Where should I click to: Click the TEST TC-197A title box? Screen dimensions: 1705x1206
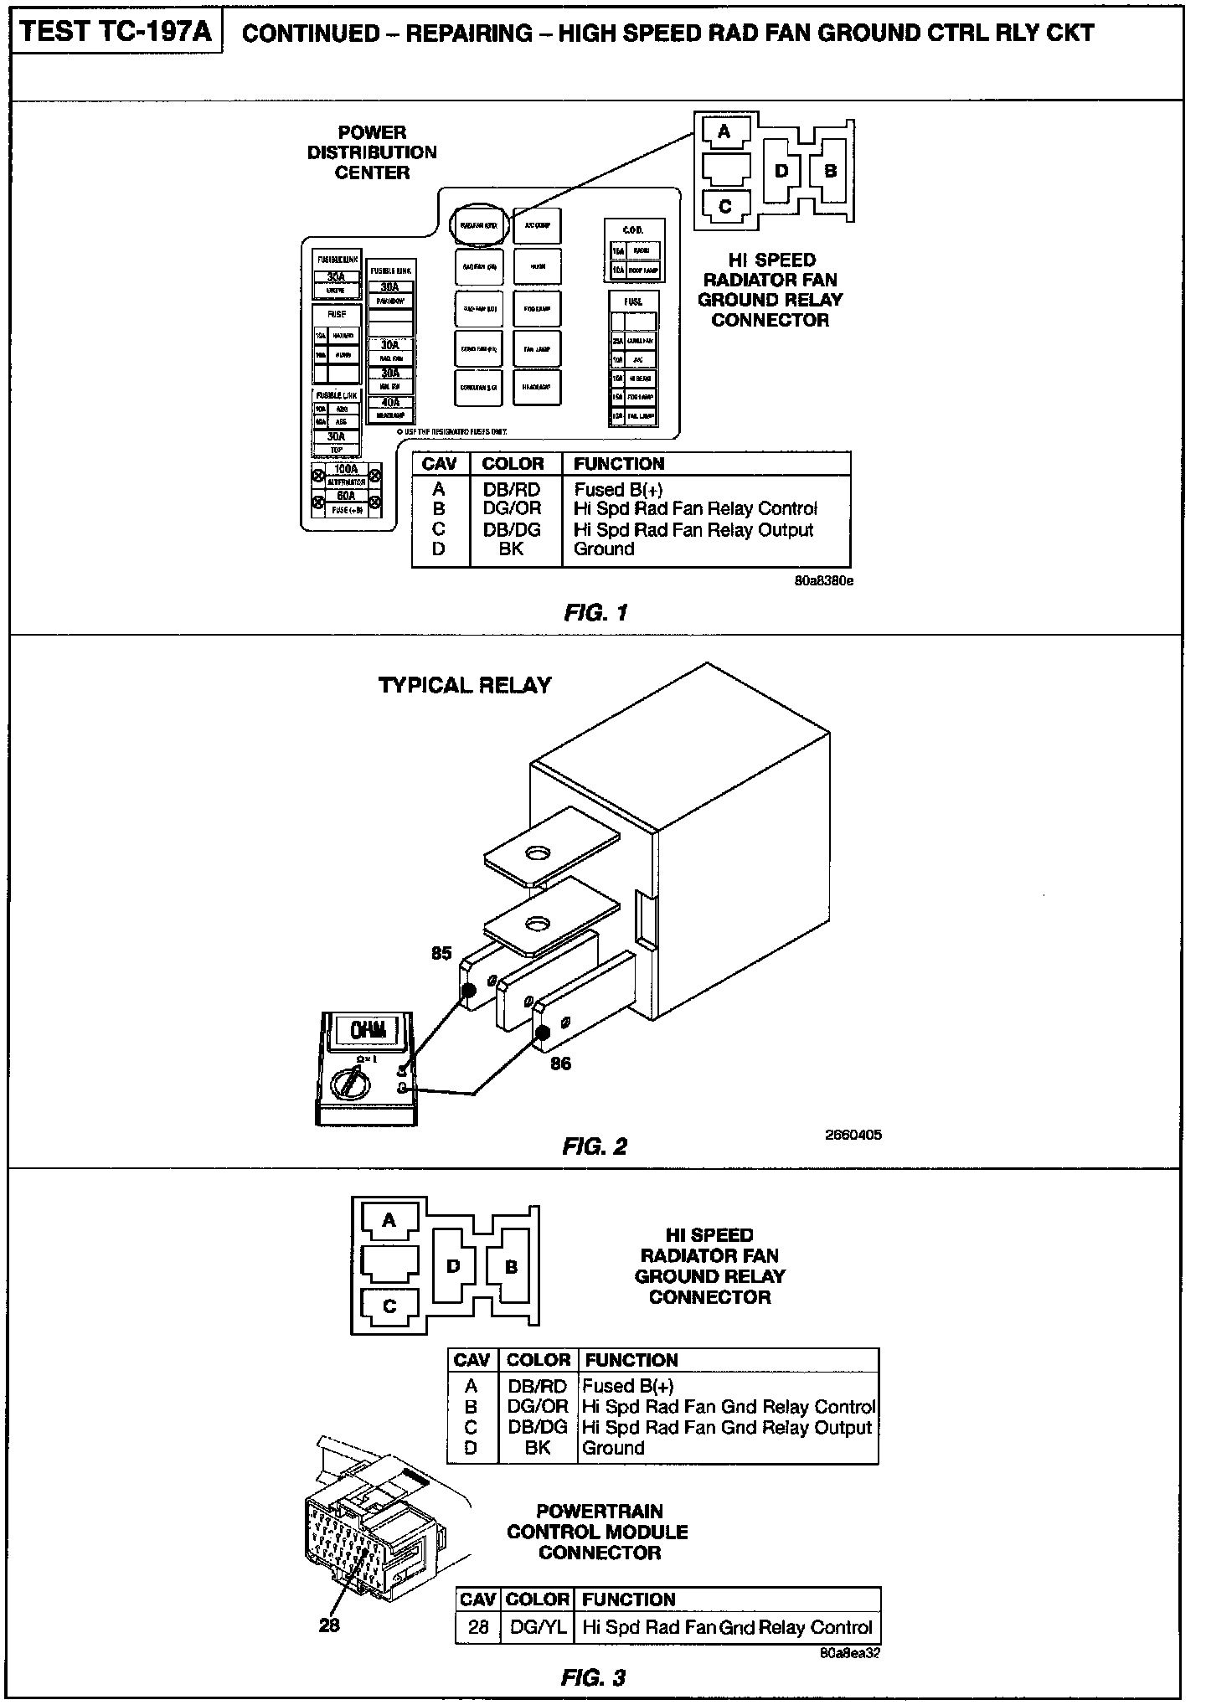[116, 33]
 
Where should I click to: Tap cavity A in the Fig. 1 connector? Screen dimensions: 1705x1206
[724, 131]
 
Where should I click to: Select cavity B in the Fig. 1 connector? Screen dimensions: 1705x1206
[830, 171]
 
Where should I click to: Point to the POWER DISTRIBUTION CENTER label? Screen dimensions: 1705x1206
[372, 152]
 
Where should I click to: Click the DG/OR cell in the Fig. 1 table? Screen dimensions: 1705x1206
[512, 508]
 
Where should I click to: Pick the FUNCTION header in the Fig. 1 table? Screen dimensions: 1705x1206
[619, 464]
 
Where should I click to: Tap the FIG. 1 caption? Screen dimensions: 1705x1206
[595, 613]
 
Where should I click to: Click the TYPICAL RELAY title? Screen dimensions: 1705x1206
[465, 685]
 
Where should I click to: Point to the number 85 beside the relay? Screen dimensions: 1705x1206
[441, 953]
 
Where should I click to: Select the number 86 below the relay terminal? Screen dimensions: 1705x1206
[560, 1064]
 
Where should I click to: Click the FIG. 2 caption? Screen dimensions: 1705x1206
[595, 1146]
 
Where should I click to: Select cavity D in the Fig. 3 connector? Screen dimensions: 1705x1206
[453, 1266]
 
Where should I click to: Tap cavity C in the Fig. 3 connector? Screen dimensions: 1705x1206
[389, 1306]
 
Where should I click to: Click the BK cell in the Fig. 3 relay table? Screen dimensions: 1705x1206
[537, 1448]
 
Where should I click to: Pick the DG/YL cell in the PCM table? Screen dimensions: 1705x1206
[537, 1627]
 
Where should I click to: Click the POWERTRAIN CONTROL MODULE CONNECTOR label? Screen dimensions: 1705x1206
[598, 1532]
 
